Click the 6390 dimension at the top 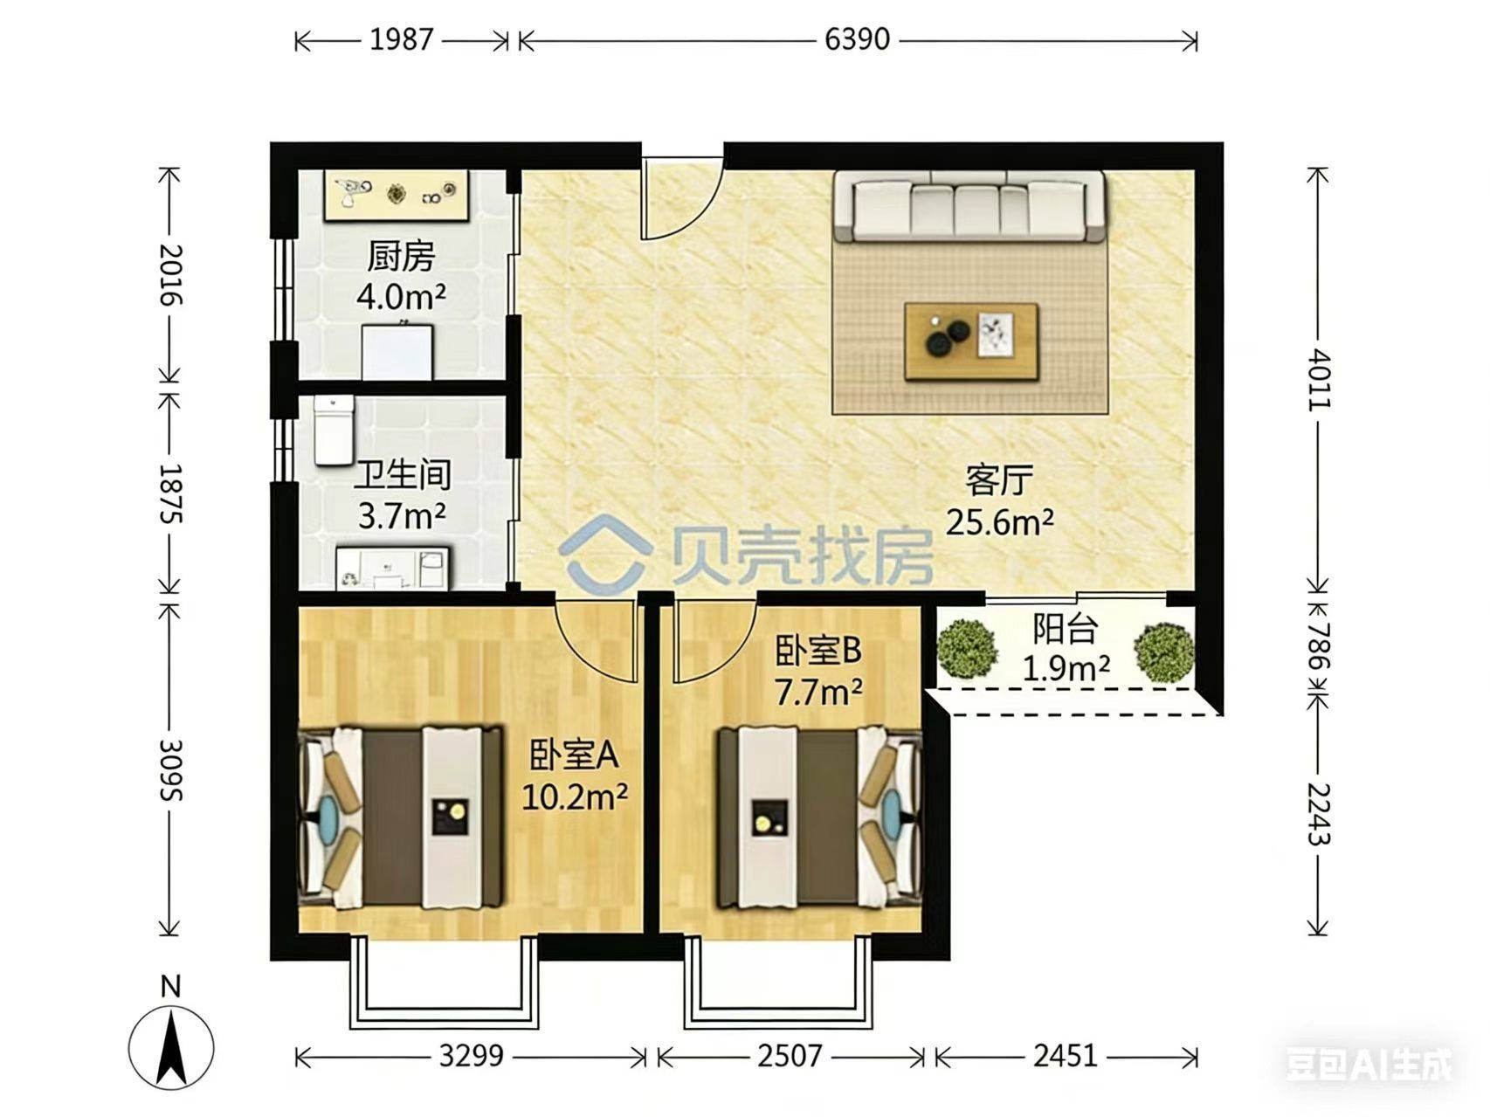[x=857, y=39]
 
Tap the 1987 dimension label [x=401, y=39]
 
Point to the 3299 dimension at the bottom [x=471, y=1056]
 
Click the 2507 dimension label [x=789, y=1056]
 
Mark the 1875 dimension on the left [x=169, y=493]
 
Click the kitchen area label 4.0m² [x=401, y=297]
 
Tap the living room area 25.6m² [x=1000, y=521]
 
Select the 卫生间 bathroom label [x=402, y=474]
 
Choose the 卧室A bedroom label [x=574, y=755]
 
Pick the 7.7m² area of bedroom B [x=818, y=692]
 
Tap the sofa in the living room [x=969, y=206]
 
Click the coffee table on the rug [x=971, y=341]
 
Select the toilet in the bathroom [x=334, y=430]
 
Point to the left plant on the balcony [x=967, y=648]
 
